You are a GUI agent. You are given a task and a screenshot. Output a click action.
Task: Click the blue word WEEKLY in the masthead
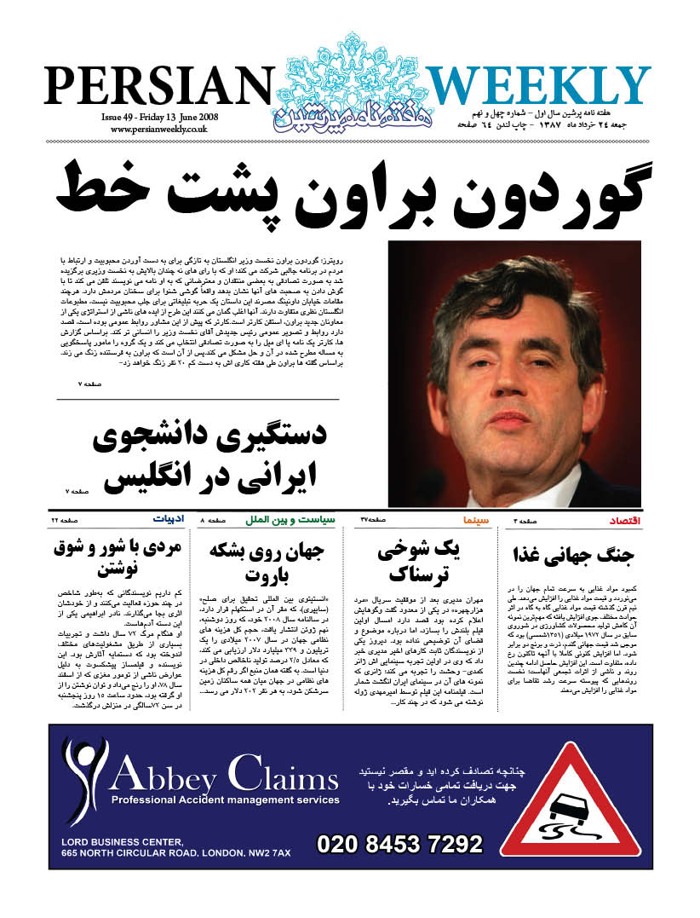pos(537,87)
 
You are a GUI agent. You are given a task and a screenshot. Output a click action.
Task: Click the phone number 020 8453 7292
pos(399,844)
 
